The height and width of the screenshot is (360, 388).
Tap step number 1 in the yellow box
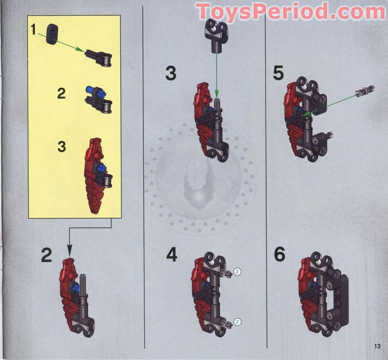[x=33, y=29]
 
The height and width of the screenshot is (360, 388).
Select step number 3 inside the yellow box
[x=61, y=146]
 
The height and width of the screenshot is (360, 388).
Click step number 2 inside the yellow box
[x=61, y=94]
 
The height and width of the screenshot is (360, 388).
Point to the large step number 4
[x=172, y=255]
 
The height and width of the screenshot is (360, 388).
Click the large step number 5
[x=279, y=73]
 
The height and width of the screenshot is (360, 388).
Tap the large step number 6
[x=280, y=255]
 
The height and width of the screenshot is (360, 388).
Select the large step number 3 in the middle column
[x=171, y=74]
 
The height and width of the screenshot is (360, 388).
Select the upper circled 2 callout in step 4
[x=238, y=272]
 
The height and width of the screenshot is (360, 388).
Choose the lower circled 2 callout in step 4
[x=238, y=322]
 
